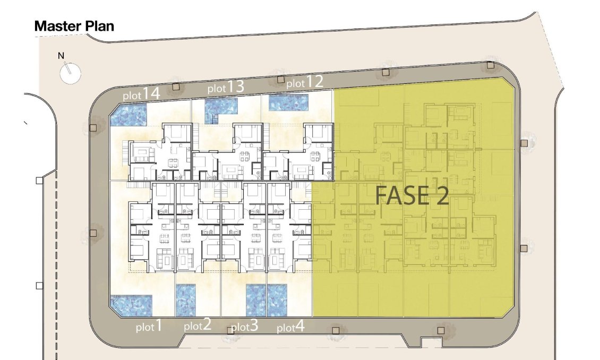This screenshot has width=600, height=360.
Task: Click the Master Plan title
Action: pyautogui.click(x=74, y=26)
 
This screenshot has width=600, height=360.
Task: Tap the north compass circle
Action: pyautogui.click(x=71, y=73)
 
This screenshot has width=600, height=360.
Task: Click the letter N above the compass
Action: pyautogui.click(x=61, y=56)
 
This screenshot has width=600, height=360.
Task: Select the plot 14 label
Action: pyautogui.click(x=141, y=94)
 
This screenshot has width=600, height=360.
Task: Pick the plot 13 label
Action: pyautogui.click(x=226, y=87)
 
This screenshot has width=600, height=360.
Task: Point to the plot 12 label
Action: pyautogui.click(x=305, y=81)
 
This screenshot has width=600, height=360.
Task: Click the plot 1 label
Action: pyautogui.click(x=149, y=327)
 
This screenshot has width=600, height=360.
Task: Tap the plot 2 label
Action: pyautogui.click(x=198, y=325)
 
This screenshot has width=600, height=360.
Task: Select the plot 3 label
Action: pyautogui.click(x=245, y=327)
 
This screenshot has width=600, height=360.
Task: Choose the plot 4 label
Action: pyautogui.click(x=291, y=327)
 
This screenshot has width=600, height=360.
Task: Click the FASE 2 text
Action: pyautogui.click(x=412, y=195)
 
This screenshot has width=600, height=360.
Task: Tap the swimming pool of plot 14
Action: pyautogui.click(x=128, y=114)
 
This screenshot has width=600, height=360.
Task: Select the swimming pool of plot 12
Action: pyautogui.click(x=288, y=102)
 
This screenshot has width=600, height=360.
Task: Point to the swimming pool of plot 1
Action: pyautogui.click(x=131, y=306)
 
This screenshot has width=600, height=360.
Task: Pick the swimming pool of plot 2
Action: pyautogui.click(x=186, y=301)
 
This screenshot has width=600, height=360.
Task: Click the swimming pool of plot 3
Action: pyautogui.click(x=256, y=301)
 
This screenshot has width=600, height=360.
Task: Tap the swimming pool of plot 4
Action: pyautogui.click(x=277, y=301)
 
